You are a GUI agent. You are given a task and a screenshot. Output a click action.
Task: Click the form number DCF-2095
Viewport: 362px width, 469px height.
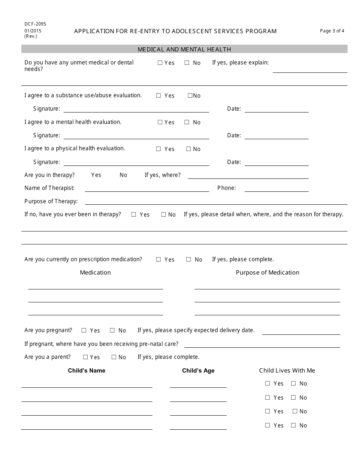[35, 24]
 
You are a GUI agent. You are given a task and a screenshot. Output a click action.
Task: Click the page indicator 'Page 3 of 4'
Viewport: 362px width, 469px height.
[332, 31]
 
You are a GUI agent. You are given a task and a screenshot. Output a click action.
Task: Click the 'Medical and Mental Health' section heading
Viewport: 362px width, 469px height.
[184, 49]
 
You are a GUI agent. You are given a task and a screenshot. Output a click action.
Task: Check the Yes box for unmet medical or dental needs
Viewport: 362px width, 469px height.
[160, 63]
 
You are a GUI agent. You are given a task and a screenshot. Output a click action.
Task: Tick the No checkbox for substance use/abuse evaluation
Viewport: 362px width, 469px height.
[190, 96]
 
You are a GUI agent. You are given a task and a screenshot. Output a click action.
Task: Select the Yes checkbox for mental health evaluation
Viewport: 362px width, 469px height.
[160, 122]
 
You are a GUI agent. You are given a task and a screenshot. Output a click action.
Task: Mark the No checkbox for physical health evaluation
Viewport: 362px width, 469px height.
[188, 149]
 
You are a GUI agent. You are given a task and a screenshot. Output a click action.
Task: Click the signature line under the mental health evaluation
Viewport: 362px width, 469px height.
[136, 138]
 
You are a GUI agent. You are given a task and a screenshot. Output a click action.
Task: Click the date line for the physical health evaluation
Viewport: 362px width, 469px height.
[276, 165]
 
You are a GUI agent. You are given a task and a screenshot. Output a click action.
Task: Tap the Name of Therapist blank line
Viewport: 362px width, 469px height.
[147, 191]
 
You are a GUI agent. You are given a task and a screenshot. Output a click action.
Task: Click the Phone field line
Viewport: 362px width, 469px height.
[276, 191]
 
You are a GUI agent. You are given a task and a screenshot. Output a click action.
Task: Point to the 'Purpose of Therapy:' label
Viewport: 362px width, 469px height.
[51, 201]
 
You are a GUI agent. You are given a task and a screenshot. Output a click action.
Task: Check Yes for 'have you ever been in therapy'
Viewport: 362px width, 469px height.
[134, 215]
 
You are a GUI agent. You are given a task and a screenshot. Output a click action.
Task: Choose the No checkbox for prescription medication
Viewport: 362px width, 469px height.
[189, 260]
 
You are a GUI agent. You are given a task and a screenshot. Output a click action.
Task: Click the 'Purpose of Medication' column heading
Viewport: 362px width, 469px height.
[267, 273]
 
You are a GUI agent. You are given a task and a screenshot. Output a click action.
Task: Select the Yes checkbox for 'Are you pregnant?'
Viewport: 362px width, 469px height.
[84, 331]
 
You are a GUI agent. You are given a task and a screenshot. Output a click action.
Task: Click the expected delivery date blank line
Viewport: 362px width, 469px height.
[301, 334]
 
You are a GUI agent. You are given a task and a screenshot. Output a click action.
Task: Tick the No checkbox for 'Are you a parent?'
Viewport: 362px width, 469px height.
[114, 357]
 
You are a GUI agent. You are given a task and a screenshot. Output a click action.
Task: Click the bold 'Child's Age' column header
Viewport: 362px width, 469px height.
[198, 371]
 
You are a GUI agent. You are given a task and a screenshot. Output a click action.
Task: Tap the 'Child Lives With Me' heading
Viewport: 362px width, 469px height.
[287, 371]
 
